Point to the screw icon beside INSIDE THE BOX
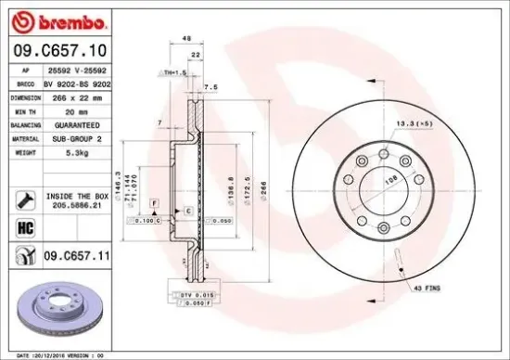click(23, 197)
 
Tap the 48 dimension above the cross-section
click(186, 40)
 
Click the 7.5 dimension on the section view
click(211, 88)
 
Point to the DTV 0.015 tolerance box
click(191, 294)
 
